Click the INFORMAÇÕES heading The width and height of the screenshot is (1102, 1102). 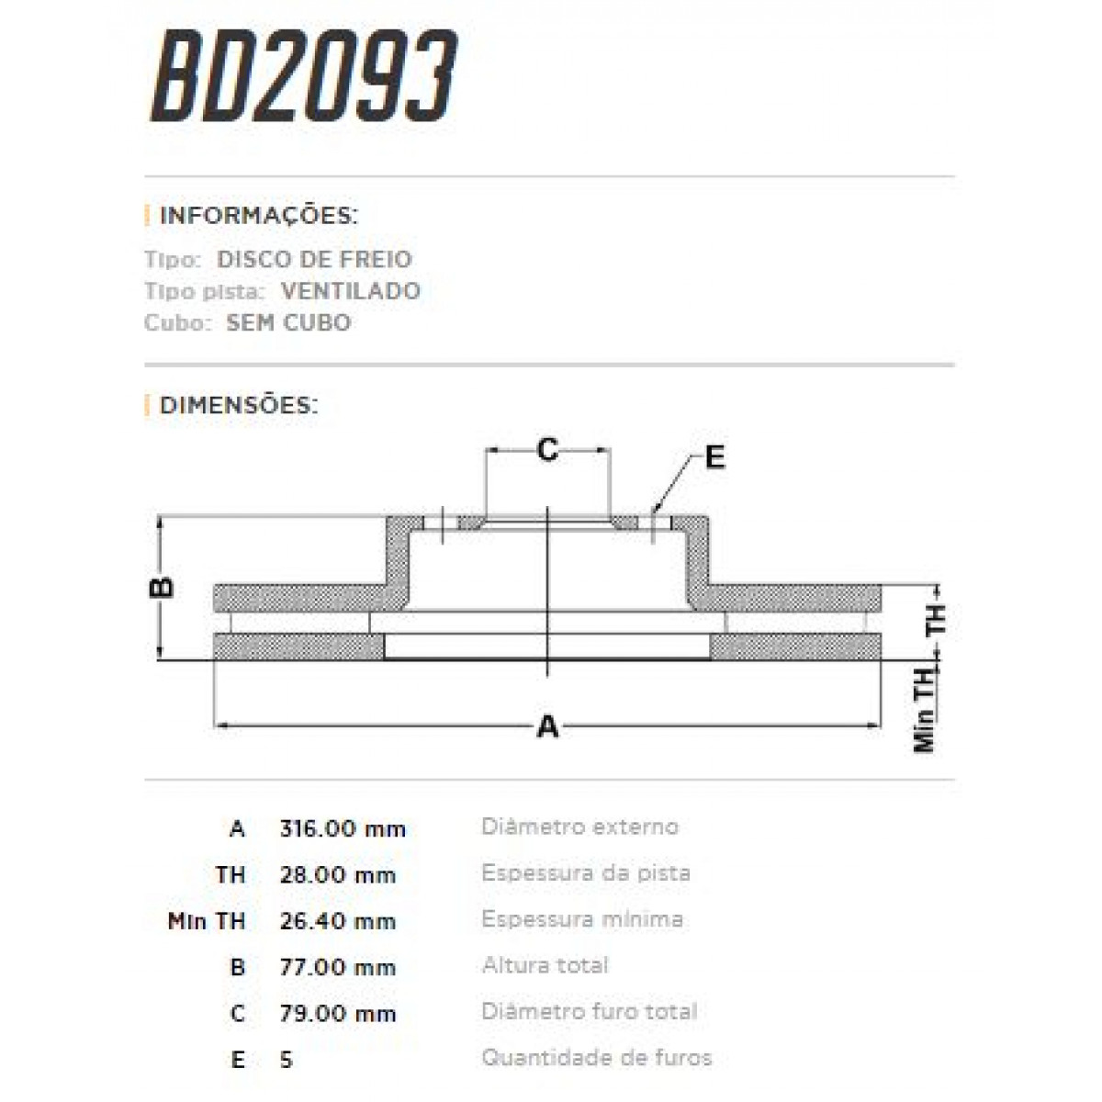coord(258,216)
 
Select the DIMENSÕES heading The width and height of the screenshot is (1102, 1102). coord(239,405)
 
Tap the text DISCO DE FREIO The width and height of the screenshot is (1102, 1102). coord(314,259)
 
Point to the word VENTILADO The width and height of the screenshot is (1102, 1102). coord(351,291)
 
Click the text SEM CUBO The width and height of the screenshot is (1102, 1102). coord(288,323)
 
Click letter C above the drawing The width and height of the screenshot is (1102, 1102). coord(547,450)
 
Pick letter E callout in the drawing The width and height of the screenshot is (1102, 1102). coord(714,456)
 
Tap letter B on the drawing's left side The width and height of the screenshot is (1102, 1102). coord(163,587)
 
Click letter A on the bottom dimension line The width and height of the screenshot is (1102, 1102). coord(547,726)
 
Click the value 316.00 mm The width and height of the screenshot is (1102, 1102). coord(342,828)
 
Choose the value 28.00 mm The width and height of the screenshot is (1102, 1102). coord(337,874)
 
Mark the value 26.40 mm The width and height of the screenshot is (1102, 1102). coord(337,921)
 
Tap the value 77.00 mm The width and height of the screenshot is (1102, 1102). coord(337,967)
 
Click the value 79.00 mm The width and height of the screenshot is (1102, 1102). coord(337,1014)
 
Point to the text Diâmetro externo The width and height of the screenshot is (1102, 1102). coord(579,826)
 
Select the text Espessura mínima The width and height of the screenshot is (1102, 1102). coord(581,919)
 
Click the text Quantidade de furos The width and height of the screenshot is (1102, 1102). coord(596,1058)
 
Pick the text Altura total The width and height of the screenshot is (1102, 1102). coord(545,965)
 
